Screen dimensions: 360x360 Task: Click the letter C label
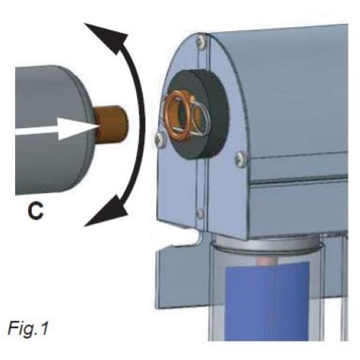click(x=36, y=211)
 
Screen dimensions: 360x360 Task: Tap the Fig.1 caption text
click(x=28, y=328)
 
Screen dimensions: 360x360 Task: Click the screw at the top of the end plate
click(x=202, y=41)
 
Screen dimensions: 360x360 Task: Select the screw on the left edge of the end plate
click(x=161, y=139)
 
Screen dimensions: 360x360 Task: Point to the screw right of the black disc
click(x=240, y=158)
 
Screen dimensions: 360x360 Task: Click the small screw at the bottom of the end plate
click(x=200, y=213)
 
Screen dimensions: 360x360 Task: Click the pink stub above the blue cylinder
click(x=267, y=261)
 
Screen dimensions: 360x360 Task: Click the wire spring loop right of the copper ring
click(x=200, y=115)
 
